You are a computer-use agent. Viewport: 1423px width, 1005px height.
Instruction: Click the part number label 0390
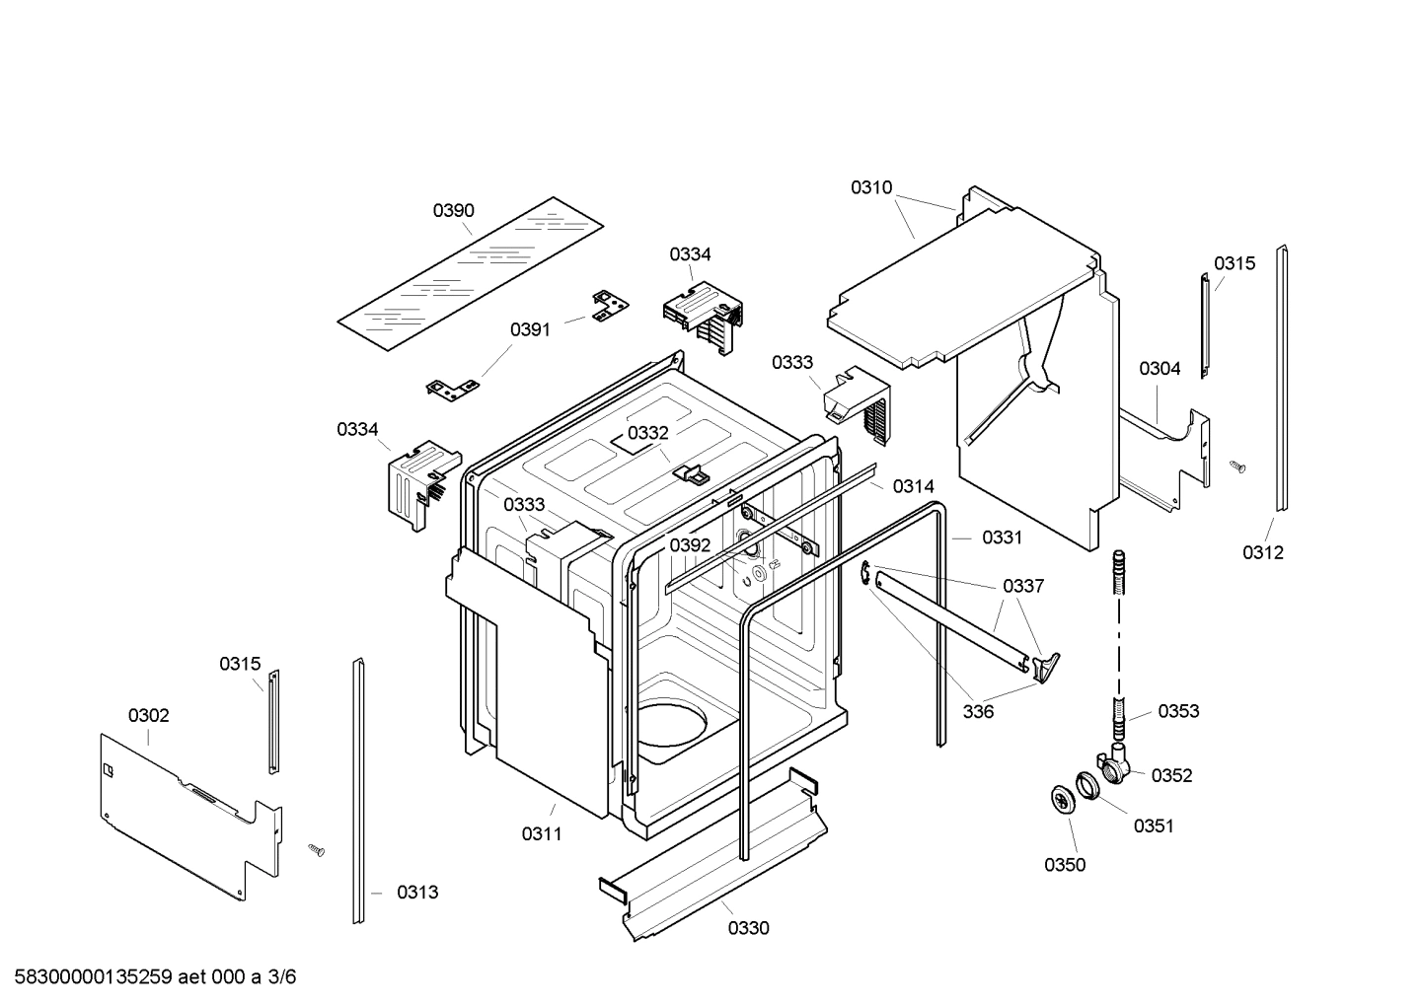click(453, 210)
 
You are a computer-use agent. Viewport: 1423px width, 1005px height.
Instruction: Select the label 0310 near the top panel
click(871, 187)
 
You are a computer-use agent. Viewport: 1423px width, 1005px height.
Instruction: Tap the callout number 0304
click(1160, 369)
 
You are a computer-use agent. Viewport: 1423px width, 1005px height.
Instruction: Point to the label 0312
click(1262, 552)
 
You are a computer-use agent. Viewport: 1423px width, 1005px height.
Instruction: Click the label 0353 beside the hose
click(1178, 711)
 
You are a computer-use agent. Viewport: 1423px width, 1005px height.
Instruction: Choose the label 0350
click(1065, 865)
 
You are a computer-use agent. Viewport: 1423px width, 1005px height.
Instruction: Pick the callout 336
click(978, 712)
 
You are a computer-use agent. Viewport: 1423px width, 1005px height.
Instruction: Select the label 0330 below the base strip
click(749, 928)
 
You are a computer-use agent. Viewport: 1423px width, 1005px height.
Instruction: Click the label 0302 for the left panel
click(148, 715)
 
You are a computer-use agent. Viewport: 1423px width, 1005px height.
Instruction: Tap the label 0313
click(417, 893)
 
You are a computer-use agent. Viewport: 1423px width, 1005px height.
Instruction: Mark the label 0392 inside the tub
click(690, 545)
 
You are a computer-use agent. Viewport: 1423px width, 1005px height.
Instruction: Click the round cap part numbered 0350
click(1062, 801)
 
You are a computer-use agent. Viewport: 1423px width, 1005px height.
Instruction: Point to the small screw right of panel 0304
click(1237, 466)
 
